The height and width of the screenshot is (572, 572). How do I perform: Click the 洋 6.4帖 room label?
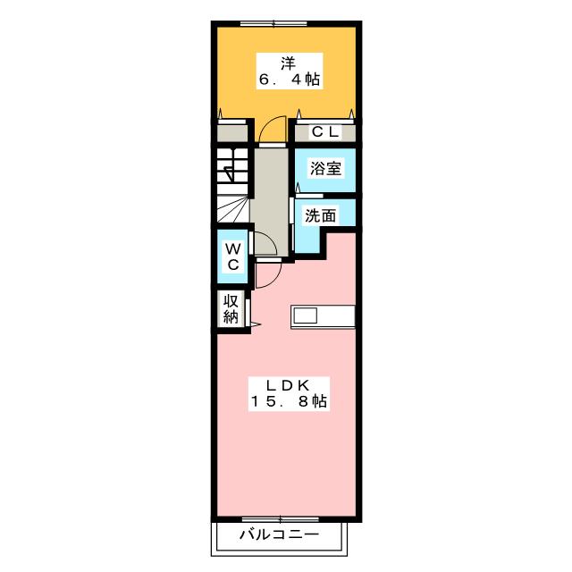pyautogui.click(x=290, y=71)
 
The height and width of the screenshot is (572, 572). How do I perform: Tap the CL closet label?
pyautogui.click(x=325, y=132)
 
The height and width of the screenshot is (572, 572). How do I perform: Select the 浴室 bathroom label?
pyautogui.click(x=325, y=168)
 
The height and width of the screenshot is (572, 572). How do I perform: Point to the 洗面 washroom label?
pyautogui.click(x=320, y=215)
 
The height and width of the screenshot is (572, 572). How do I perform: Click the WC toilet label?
pyautogui.click(x=232, y=257)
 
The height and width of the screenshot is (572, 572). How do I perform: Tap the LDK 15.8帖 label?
pyautogui.click(x=289, y=393)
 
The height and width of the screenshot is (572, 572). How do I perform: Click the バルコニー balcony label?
pyautogui.click(x=279, y=535)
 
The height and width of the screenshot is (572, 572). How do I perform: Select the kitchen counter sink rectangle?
pyautogui.click(x=306, y=315)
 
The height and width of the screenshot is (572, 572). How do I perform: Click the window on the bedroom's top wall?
pyautogui.click(x=273, y=24)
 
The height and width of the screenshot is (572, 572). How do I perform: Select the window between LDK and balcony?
pyautogui.click(x=280, y=519)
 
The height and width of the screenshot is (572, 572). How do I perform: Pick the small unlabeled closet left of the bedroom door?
pyautogui.click(x=232, y=133)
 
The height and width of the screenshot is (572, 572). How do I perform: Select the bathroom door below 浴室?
pyautogui.click(x=308, y=195)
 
